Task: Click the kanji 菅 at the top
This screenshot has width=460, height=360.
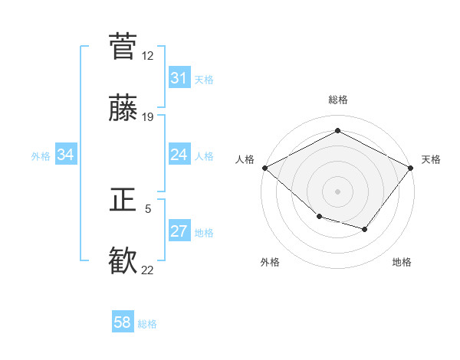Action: (123, 47)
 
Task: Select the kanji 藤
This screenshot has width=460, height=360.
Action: (123, 108)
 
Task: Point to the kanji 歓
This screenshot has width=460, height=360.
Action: (123, 260)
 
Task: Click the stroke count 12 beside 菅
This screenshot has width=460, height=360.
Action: (147, 56)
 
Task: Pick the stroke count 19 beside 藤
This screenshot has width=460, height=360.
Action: (147, 117)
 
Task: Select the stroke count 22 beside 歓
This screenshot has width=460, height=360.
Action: (147, 270)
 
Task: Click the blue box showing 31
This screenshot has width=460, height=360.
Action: (179, 78)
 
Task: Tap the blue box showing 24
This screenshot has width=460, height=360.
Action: (179, 155)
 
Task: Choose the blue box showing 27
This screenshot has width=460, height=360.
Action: (179, 231)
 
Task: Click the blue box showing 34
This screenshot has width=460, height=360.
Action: (66, 155)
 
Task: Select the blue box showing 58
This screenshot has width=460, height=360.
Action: (123, 322)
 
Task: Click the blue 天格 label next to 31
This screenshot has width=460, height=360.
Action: (204, 79)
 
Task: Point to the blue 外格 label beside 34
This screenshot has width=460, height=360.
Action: (41, 155)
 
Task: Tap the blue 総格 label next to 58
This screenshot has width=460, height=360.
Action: (147, 323)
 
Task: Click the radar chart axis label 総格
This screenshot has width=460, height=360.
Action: (337, 100)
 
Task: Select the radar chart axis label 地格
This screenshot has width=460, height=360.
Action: (402, 262)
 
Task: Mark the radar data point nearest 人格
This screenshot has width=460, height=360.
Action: (264, 168)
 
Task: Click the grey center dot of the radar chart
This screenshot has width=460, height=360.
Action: (337, 191)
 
